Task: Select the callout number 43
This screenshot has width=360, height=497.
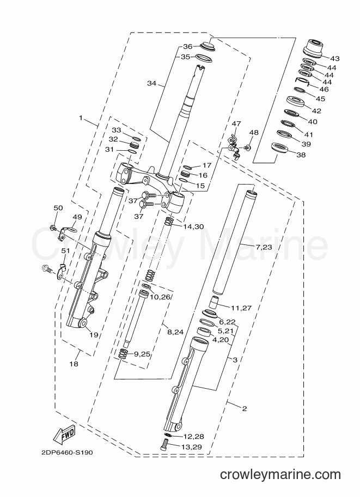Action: click(x=335, y=58)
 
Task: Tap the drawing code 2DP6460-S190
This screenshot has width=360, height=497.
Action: click(x=67, y=452)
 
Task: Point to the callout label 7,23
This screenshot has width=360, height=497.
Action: click(x=263, y=247)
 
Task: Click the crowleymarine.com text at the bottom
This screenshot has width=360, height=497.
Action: click(x=280, y=475)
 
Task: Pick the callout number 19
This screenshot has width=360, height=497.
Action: click(x=94, y=335)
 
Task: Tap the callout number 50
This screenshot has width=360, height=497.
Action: click(x=58, y=208)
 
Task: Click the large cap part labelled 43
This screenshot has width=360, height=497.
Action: click(x=313, y=48)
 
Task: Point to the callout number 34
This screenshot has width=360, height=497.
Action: click(x=151, y=83)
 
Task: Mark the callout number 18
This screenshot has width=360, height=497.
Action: click(x=74, y=364)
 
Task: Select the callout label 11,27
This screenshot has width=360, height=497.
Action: click(x=241, y=308)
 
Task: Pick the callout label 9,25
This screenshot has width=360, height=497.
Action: click(x=142, y=354)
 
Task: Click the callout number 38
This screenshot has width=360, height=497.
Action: click(x=301, y=155)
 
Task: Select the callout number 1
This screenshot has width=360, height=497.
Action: click(x=81, y=118)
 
